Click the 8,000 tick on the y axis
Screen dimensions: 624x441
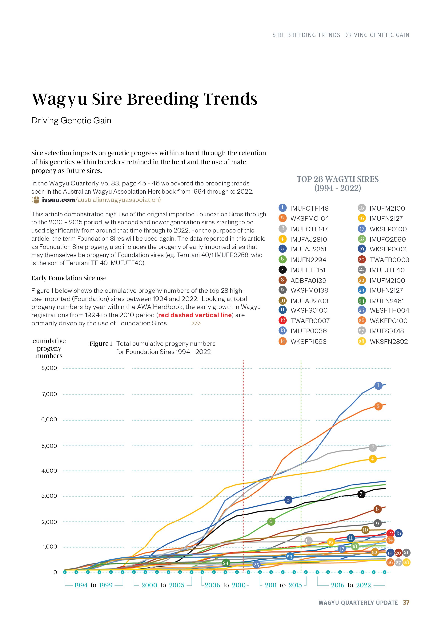click(49, 368)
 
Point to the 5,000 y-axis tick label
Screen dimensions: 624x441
click(49, 446)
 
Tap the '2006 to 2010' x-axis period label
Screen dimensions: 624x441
click(225, 585)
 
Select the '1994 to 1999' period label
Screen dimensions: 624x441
click(93, 585)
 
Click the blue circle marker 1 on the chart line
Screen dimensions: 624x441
click(378, 385)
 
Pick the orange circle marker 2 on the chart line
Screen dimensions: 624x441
click(378, 406)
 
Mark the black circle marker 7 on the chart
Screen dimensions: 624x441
click(361, 494)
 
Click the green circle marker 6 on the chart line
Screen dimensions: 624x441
click(271, 521)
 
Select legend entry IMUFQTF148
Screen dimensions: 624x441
click(309, 209)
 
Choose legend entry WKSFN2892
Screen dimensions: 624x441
click(389, 342)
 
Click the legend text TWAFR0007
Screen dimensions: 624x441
click(310, 321)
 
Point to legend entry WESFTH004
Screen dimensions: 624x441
click(389, 310)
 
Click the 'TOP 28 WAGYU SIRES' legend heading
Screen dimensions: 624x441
click(338, 179)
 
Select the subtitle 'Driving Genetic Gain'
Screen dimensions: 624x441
click(71, 120)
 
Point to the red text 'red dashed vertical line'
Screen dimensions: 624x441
click(195, 315)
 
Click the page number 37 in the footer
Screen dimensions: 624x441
click(406, 602)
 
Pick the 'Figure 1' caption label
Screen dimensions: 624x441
click(101, 343)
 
